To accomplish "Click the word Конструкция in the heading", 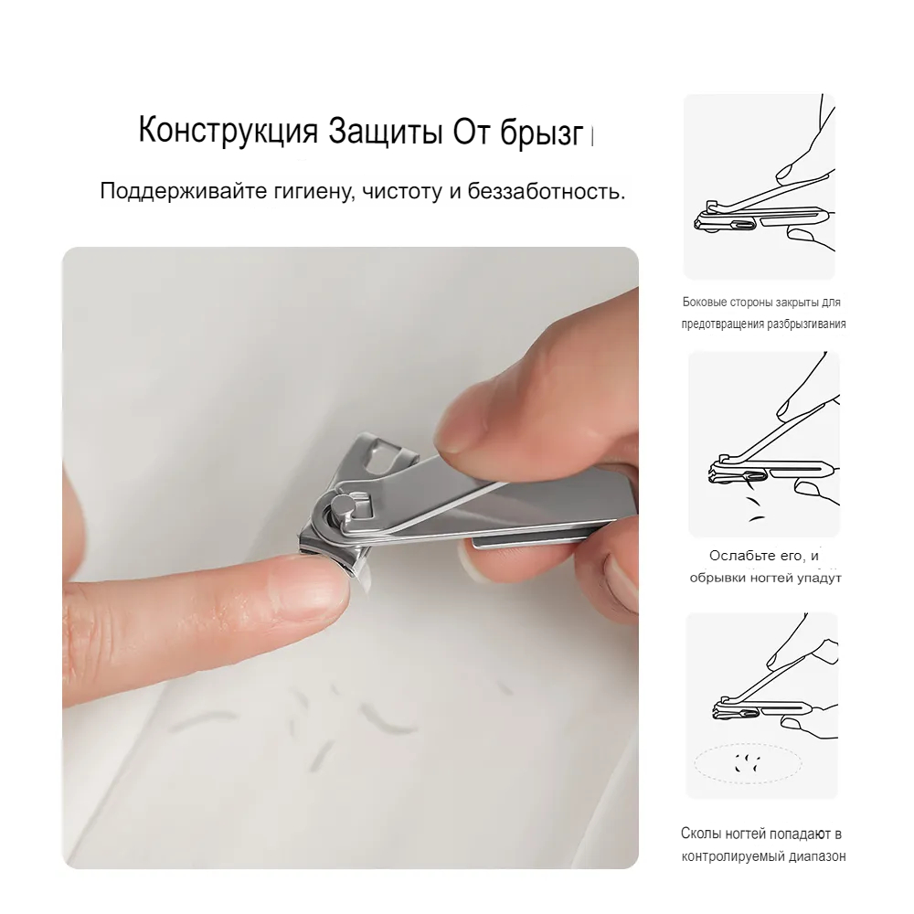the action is (x=228, y=131).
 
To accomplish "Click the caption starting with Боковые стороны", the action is (x=763, y=313).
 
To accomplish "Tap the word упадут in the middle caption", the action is (x=819, y=579).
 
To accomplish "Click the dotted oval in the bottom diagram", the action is (x=748, y=744).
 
